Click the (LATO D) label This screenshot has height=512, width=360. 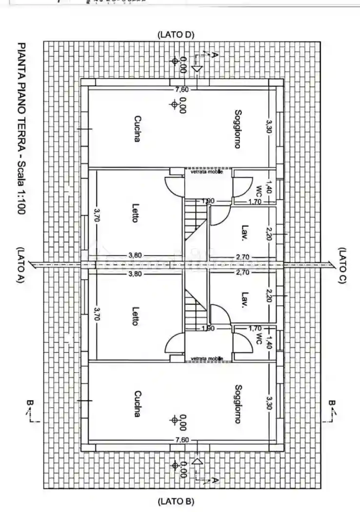pyautogui.click(x=176, y=35)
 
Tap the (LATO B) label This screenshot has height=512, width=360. pyautogui.click(x=176, y=501)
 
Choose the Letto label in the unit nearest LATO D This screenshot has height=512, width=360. pyautogui.click(x=135, y=213)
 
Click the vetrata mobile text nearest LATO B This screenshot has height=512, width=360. pyautogui.click(x=207, y=358)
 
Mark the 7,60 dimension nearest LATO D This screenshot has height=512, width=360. pyautogui.click(x=182, y=89)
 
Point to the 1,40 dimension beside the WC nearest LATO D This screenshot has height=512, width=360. pyautogui.click(x=268, y=187)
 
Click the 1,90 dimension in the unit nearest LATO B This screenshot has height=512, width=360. pyautogui.click(x=208, y=328)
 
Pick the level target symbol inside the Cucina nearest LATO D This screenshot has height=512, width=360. pyautogui.click(x=174, y=104)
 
